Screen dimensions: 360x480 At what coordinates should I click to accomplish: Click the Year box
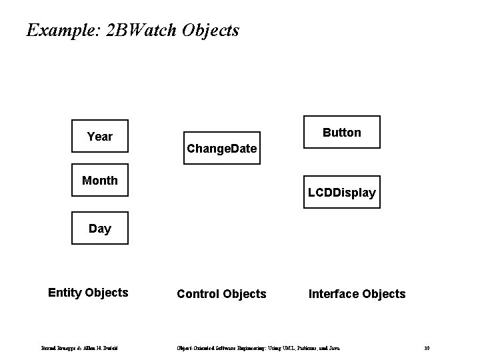(100, 137)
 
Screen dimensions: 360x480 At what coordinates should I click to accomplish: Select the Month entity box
(100, 180)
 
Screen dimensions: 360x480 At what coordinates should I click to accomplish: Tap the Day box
(100, 229)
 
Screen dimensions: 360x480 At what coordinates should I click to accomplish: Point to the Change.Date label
(221, 148)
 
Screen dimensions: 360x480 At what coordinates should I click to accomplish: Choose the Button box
(341, 132)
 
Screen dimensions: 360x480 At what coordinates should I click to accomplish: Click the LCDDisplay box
(341, 193)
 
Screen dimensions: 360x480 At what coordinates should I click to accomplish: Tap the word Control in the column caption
(197, 294)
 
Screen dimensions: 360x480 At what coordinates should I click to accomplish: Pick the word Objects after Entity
(106, 293)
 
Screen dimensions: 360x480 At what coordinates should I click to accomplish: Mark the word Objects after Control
(244, 294)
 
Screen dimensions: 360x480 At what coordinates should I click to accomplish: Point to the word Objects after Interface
(383, 294)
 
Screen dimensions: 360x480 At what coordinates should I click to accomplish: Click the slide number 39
(427, 349)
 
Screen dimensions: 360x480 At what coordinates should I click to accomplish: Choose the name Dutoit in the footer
(109, 349)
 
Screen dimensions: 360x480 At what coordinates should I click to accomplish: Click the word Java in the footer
(333, 349)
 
